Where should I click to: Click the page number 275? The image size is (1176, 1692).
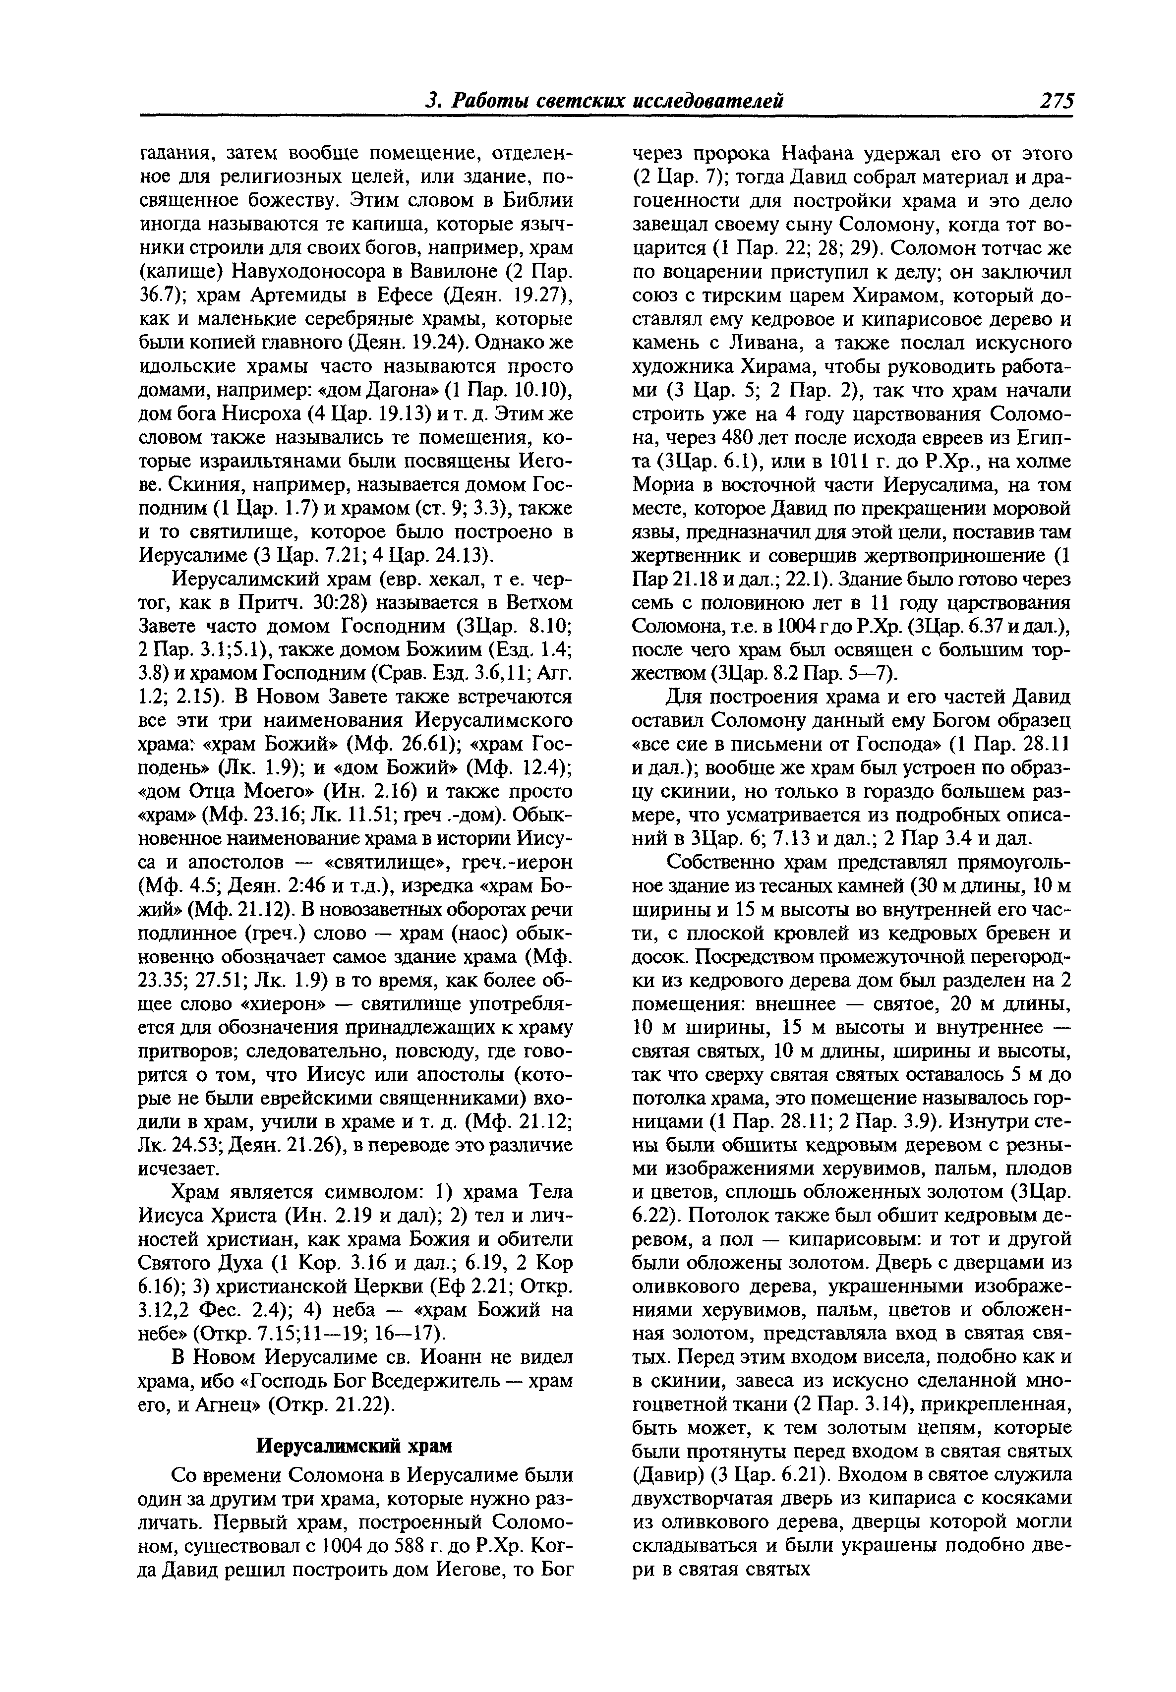(x=1056, y=101)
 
